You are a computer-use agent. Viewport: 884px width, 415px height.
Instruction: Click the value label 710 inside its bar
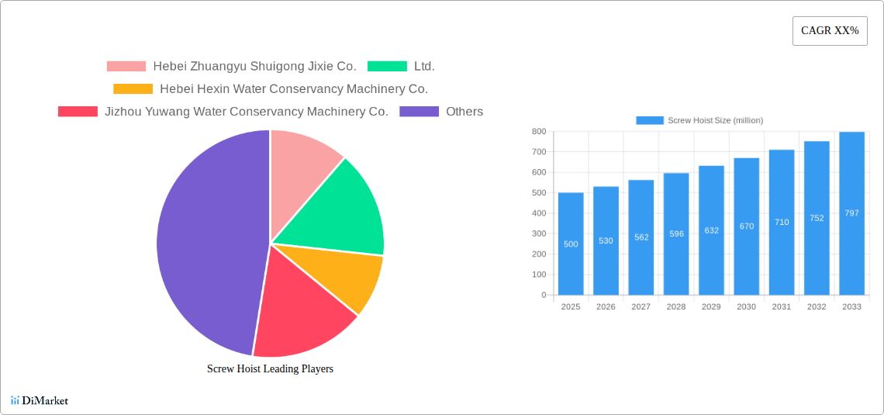782,223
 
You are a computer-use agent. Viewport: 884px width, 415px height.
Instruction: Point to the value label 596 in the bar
676,233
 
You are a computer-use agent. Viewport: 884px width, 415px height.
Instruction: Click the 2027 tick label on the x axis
641,307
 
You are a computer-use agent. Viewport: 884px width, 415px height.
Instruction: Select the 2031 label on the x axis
782,307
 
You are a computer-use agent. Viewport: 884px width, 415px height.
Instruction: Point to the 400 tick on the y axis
538,213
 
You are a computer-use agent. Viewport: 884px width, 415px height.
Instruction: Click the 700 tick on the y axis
538,152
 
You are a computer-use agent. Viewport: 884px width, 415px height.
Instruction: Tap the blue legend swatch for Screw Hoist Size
650,120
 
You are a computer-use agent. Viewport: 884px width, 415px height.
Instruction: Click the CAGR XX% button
830,31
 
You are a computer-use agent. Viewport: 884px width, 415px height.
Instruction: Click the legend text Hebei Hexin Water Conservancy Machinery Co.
294,89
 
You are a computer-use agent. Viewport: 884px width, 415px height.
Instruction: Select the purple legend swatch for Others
419,112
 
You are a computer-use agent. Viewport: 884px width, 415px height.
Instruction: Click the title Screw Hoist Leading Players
270,368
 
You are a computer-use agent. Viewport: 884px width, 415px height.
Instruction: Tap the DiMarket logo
40,400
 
